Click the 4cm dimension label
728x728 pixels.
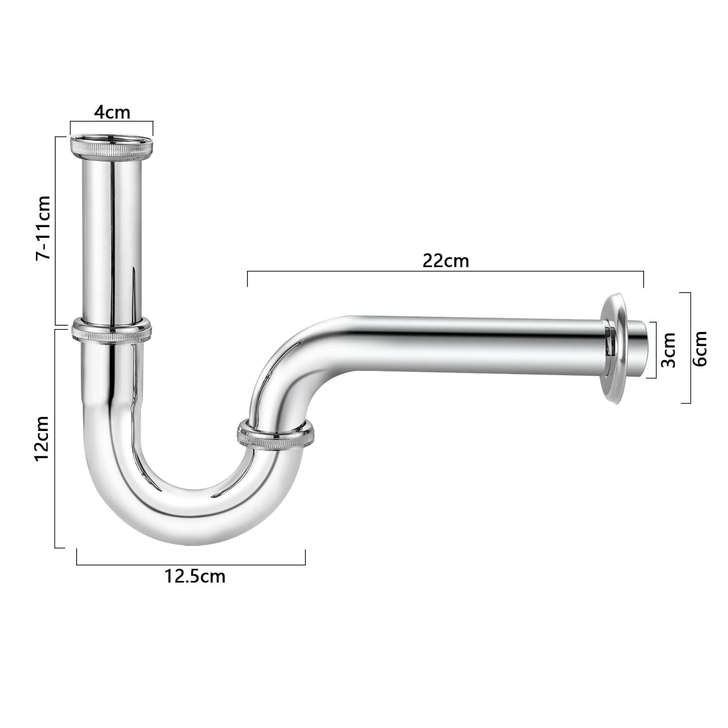coord(112,113)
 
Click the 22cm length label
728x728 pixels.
coord(446,261)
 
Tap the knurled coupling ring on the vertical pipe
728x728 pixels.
coord(112,331)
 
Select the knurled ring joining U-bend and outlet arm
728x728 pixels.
coord(276,435)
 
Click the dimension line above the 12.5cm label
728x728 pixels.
coord(191,564)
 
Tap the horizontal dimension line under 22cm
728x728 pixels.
coord(446,272)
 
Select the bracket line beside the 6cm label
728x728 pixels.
coord(690,348)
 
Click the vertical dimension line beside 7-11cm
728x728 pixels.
coord(56,231)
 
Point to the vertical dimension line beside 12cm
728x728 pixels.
coord(56,439)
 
